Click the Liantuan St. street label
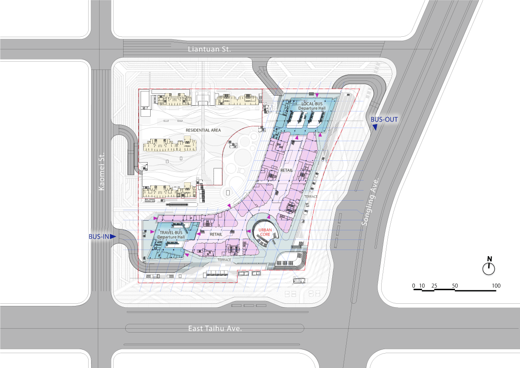coord(209,49)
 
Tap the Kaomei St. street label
coord(101,171)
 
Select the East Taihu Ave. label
coord(215,329)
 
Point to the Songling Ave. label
coord(370,202)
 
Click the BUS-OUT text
coord(384,119)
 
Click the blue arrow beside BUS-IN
coord(113,236)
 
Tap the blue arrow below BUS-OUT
coord(375,128)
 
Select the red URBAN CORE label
coord(265,232)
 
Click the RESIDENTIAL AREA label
coord(203,130)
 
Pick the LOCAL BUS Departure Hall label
coord(312,106)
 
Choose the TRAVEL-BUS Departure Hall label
coord(171,235)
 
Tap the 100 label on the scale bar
coord(496,286)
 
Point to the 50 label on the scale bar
coord(455,286)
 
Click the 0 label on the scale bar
coord(413,286)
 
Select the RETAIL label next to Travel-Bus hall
coord(216,234)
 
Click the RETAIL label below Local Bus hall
coord(286,170)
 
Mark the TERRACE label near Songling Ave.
coord(311,197)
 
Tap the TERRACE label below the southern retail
coord(224,260)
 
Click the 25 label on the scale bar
coord(434,286)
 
